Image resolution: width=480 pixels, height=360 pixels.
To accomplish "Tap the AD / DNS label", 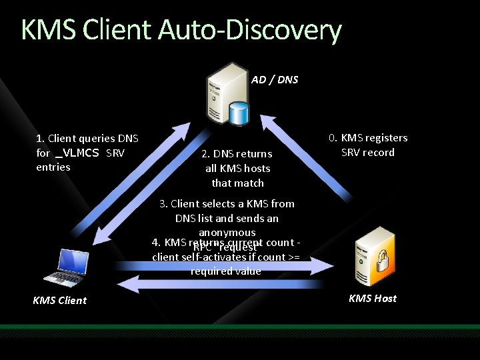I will pos(275,80).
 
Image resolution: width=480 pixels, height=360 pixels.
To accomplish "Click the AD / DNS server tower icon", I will pos(225,90).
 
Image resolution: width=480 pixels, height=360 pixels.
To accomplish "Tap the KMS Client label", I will pos(59,300).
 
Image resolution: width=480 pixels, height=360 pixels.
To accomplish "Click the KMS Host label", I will pos(372,298).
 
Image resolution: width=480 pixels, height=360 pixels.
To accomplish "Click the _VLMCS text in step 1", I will pos(77,153).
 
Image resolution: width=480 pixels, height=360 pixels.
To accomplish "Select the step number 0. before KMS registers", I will pos(333,138).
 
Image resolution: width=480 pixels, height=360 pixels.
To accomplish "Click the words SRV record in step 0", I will pos(368,153).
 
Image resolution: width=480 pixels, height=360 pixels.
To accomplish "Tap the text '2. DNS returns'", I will pos(237,154).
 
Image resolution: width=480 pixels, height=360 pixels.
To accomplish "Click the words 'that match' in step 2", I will pos(238,183).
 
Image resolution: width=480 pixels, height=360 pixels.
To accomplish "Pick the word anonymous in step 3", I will pos(227,233).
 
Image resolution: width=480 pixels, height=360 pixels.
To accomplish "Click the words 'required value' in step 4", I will pos(225,271).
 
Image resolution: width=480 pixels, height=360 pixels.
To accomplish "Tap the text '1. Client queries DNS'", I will pos(87,139).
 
